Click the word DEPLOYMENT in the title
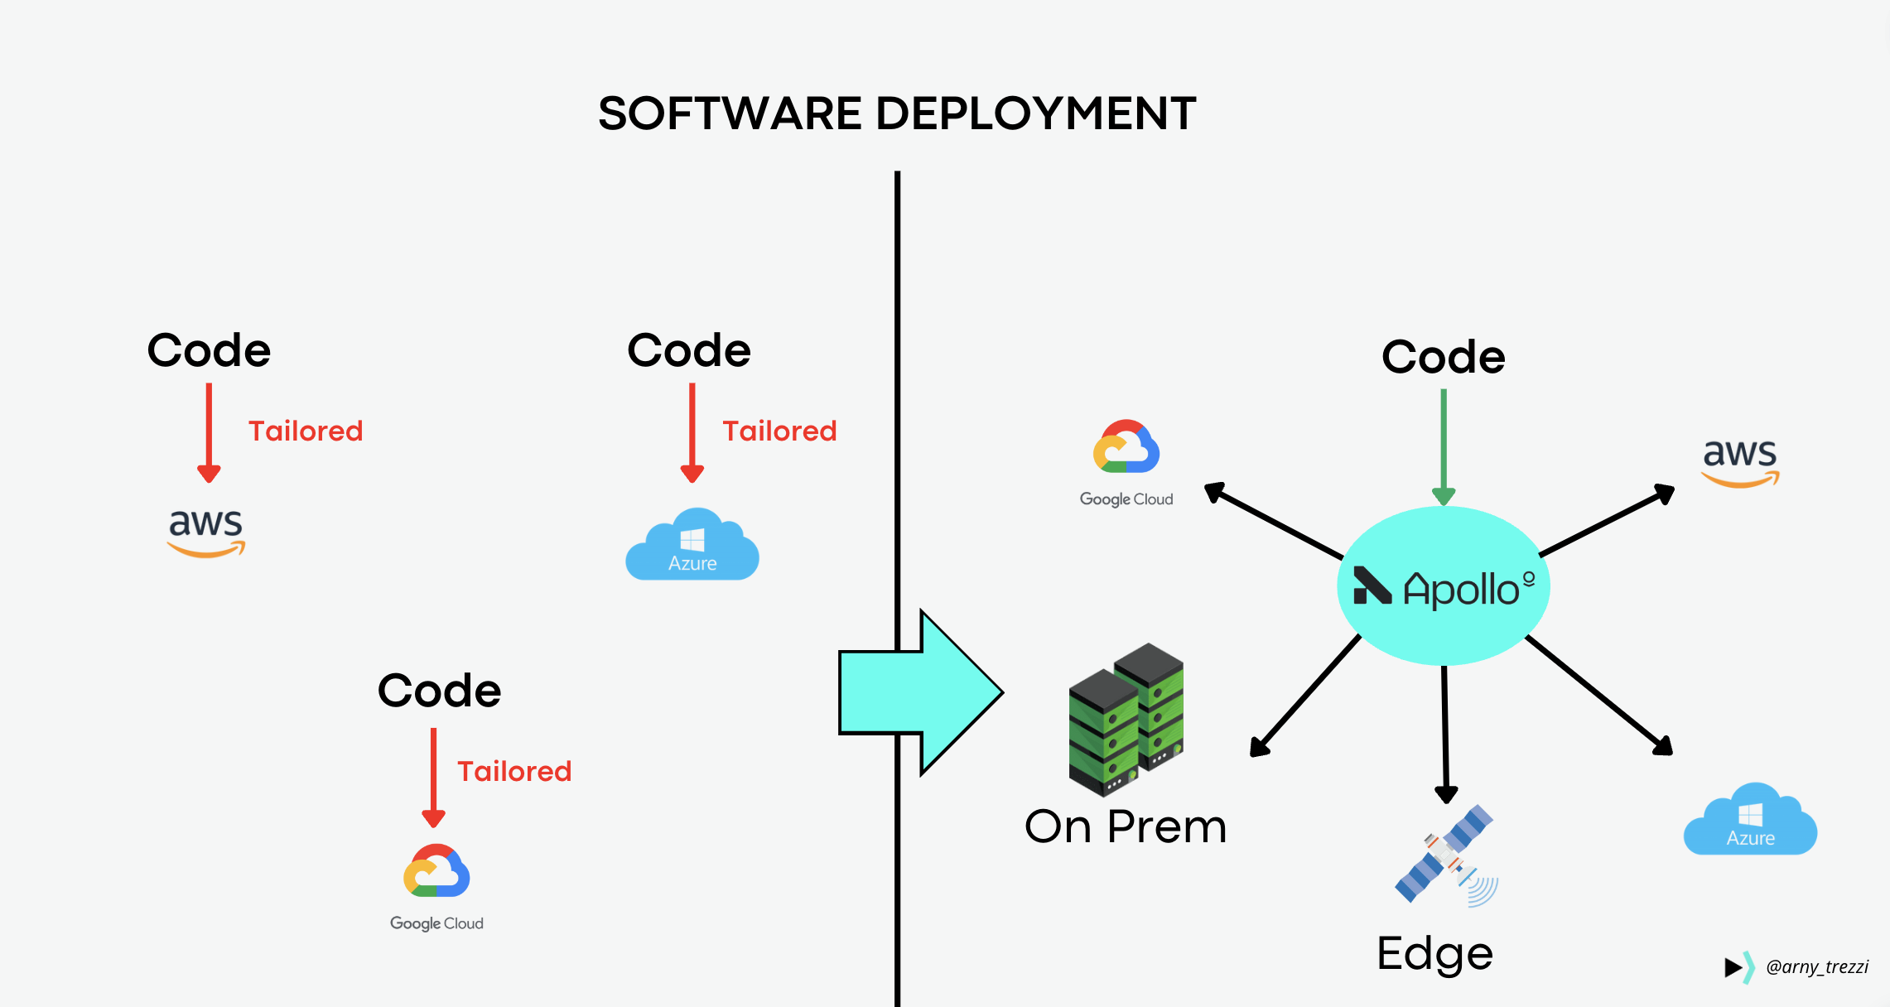click(1035, 113)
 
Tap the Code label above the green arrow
click(1443, 357)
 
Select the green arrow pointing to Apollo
click(1444, 447)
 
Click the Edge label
click(1434, 954)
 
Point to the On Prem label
click(1125, 826)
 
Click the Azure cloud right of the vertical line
click(1750, 820)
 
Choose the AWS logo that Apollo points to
click(1739, 462)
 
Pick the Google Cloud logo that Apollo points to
click(1126, 462)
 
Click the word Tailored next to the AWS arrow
click(306, 431)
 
